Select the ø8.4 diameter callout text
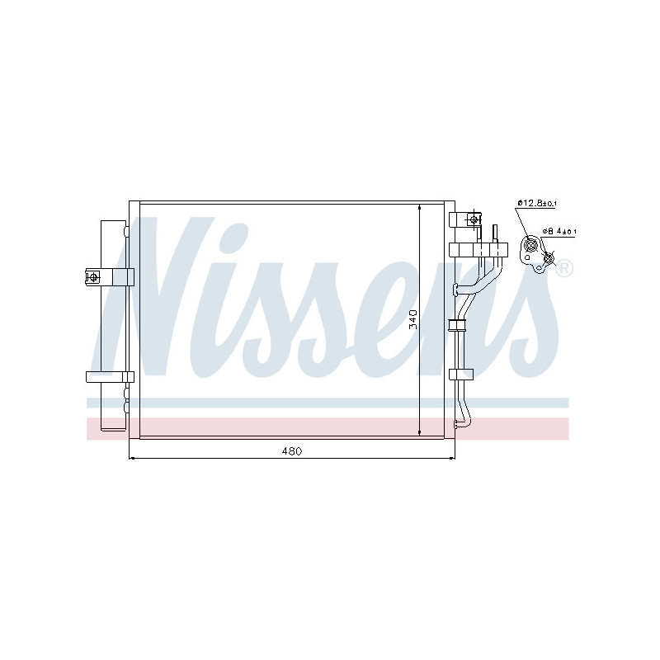coord(559,232)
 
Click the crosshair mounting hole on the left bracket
coord(93,276)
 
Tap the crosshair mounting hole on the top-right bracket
coord(474,219)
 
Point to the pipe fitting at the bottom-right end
coord(462,426)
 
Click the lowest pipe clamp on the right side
coord(460,374)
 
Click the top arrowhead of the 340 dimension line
coord(420,209)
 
